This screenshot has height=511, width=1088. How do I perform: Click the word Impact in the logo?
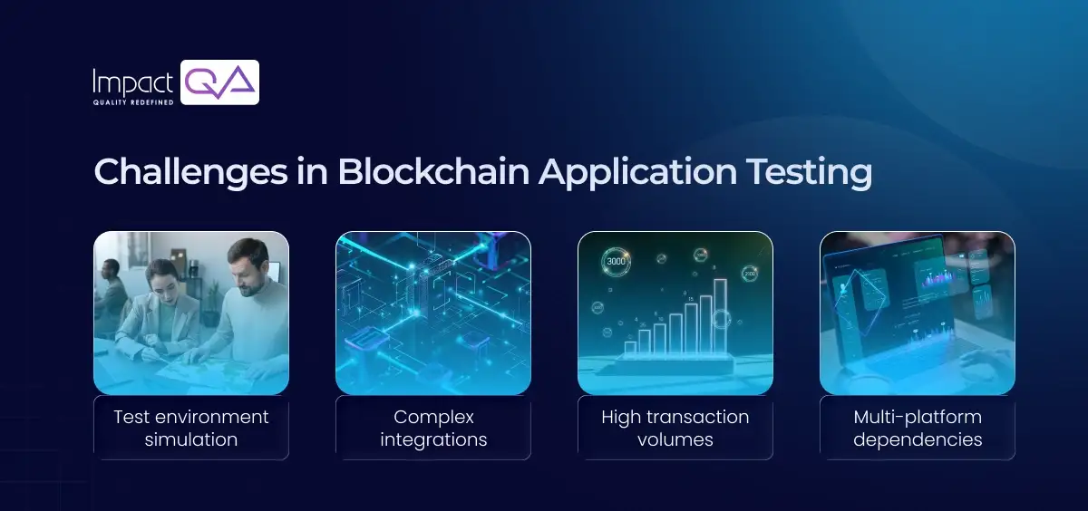pos(132,82)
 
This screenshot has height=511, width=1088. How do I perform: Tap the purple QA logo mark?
pos(220,82)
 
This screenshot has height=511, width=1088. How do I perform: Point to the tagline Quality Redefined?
pos(132,102)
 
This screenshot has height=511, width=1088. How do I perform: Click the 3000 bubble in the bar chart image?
pos(616,261)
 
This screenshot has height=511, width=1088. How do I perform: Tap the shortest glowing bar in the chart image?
pos(630,347)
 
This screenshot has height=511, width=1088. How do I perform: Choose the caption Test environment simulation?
pos(191,429)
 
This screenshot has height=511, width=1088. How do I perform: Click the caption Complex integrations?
pos(433,429)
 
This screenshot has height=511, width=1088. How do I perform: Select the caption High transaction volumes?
pos(675,429)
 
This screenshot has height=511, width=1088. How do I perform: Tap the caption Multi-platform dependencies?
pos(918,429)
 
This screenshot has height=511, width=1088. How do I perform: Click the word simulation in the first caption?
pos(191,440)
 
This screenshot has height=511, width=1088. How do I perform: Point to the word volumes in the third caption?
pos(675,440)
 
